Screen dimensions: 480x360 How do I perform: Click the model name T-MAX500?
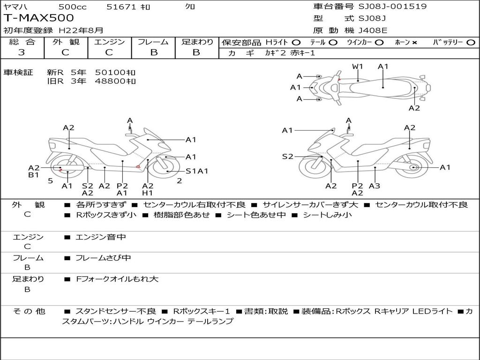click(x=38, y=18)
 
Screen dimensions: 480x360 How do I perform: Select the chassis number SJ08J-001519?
click(x=392, y=7)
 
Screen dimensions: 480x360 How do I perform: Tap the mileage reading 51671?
click(x=121, y=7)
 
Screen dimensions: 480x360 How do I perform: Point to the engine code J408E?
click(x=373, y=30)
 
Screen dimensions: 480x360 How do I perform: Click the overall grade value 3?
click(x=22, y=52)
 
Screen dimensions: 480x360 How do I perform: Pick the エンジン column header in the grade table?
click(x=109, y=42)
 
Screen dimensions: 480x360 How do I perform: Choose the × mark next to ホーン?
click(x=414, y=43)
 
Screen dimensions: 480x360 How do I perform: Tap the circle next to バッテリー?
click(x=471, y=43)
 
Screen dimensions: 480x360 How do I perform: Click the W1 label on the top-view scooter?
click(x=357, y=67)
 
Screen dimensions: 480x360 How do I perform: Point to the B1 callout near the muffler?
click(x=34, y=175)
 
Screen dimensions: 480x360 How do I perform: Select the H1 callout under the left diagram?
click(x=148, y=193)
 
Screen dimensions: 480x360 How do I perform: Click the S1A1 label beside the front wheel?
click(x=197, y=171)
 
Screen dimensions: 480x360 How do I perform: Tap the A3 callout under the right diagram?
click(x=375, y=186)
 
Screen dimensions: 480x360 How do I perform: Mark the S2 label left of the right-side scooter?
click(x=287, y=157)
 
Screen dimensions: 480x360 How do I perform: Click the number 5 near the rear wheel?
click(x=51, y=181)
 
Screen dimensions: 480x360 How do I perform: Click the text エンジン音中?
click(x=101, y=237)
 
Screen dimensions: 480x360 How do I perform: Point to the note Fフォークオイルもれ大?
click(x=117, y=279)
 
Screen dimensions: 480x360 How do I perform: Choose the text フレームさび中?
click(x=103, y=258)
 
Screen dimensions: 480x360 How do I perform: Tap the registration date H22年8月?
click(x=81, y=30)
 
